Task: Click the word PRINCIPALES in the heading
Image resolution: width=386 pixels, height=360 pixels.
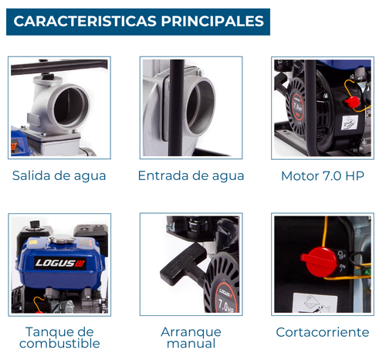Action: click(x=212, y=21)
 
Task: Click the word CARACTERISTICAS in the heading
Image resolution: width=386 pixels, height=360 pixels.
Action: click(x=85, y=21)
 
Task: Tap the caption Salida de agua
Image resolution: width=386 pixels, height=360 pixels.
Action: click(x=59, y=176)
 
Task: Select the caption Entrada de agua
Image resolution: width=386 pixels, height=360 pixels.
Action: click(x=191, y=176)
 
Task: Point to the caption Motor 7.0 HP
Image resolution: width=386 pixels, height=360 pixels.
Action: click(x=323, y=176)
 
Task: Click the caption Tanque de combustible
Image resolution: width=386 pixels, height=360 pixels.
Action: click(x=59, y=338)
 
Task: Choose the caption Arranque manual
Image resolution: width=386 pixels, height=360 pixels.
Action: click(x=191, y=338)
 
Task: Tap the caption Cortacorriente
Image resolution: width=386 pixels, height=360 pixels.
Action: click(x=323, y=332)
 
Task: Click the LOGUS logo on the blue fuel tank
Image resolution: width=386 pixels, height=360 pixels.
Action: click(x=60, y=263)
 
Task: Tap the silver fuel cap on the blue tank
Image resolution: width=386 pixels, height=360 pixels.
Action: click(x=62, y=240)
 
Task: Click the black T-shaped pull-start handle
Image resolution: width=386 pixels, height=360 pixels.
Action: click(x=183, y=264)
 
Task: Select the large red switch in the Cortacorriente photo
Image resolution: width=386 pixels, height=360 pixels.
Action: click(x=320, y=262)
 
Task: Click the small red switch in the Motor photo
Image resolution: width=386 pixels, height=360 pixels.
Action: click(x=352, y=102)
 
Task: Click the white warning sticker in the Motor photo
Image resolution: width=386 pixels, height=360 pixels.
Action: click(x=349, y=123)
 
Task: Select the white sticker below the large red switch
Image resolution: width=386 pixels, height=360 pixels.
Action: click(x=315, y=303)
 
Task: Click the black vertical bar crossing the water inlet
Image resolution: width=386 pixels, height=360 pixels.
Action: click(x=177, y=107)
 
